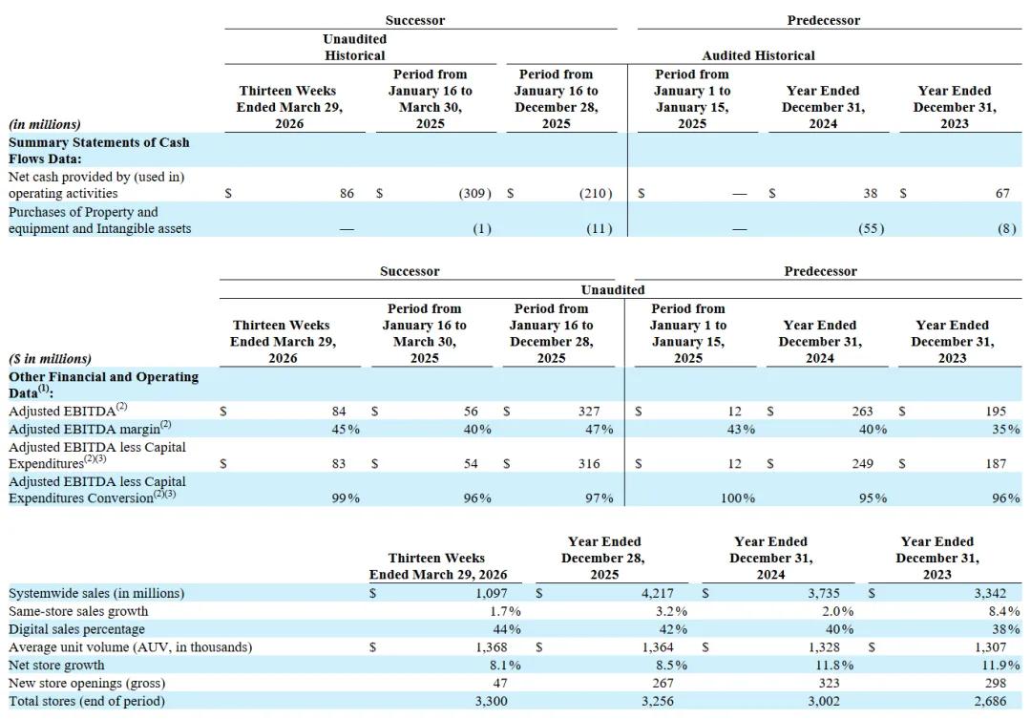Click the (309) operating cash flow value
tap(474, 194)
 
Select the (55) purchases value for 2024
tap(871, 229)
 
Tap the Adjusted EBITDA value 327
tap(588, 412)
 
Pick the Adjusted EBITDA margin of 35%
tap(1006, 429)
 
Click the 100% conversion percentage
tap(738, 498)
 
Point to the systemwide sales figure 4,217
tap(658, 593)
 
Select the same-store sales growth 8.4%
tap(1003, 611)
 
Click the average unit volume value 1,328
tap(824, 647)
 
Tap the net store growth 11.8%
tap(834, 666)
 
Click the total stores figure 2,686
tap(990, 701)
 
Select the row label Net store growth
tap(56, 666)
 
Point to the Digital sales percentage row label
tap(76, 629)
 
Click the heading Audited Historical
tap(758, 56)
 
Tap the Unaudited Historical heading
tap(355, 48)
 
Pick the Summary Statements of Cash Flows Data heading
tap(98, 151)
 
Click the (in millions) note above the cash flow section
tap(45, 124)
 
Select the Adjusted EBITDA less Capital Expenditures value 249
tap(863, 464)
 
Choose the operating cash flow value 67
tap(1002, 194)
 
